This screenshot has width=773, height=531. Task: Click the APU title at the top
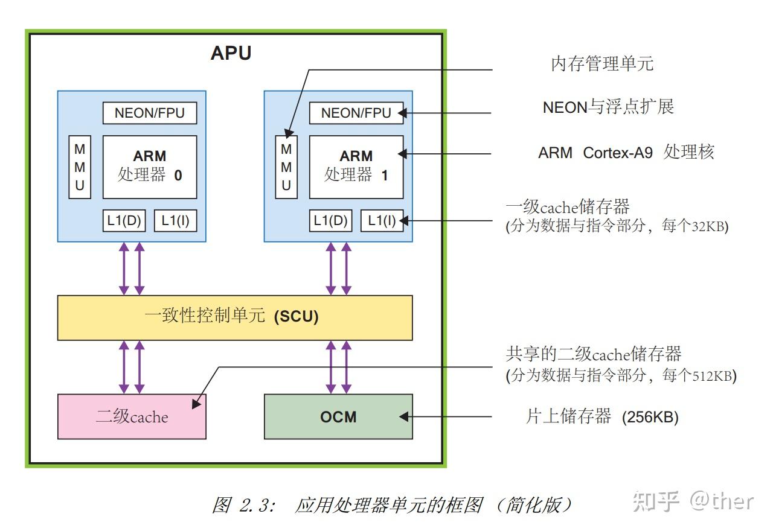(x=231, y=53)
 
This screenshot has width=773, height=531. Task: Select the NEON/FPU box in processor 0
(x=150, y=113)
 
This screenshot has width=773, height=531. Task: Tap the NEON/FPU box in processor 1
(x=356, y=113)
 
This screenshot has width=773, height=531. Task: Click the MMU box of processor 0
(x=80, y=167)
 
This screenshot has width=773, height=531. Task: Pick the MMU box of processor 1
(x=286, y=167)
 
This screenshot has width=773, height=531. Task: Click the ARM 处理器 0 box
(x=150, y=167)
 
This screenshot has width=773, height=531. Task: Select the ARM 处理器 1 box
(x=356, y=167)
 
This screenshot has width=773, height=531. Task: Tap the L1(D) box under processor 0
(x=124, y=221)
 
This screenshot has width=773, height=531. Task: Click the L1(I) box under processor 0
(x=175, y=221)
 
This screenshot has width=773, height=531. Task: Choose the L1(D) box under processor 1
(x=330, y=221)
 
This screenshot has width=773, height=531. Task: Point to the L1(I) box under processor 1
(x=382, y=221)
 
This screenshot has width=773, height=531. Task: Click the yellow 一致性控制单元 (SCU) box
(x=234, y=317)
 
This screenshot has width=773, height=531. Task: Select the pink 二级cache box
(x=132, y=416)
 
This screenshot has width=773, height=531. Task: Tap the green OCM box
(x=338, y=416)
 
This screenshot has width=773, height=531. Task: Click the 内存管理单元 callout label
(x=602, y=63)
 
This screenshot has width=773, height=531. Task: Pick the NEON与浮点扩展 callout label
(x=608, y=107)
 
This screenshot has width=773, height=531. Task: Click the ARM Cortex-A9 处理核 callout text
(x=626, y=152)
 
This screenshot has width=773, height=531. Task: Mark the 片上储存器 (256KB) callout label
(x=602, y=416)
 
